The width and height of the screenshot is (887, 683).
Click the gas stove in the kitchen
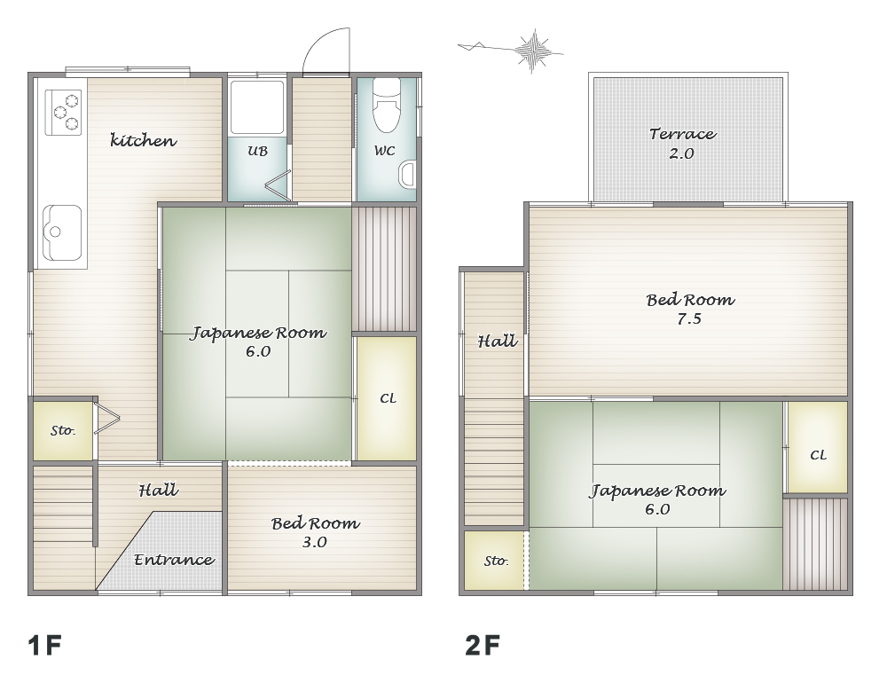pos(63,112)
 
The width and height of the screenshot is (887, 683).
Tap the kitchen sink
pos(62,232)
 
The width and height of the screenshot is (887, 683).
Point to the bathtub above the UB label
pos(257,106)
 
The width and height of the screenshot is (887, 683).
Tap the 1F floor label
pos(44,645)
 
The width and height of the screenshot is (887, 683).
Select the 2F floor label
pos(483,645)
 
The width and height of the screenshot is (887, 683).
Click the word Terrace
pos(683,134)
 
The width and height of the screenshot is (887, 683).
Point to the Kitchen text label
pos(143,140)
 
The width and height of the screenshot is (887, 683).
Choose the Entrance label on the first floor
pos(174,560)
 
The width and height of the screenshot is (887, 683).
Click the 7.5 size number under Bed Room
pos(689,319)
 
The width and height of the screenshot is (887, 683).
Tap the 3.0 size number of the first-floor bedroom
pos(315,542)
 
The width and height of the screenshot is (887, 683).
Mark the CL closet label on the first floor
pos(389,398)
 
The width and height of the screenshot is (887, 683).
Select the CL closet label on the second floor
pos(818,455)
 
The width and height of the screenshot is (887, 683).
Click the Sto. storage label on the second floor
pos(496,561)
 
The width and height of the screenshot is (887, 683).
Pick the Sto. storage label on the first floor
pos(63,430)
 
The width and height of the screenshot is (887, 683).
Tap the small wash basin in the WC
pos(408,175)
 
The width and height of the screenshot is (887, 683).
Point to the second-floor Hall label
pos(498,341)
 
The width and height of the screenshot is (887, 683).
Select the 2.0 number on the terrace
pos(681,153)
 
